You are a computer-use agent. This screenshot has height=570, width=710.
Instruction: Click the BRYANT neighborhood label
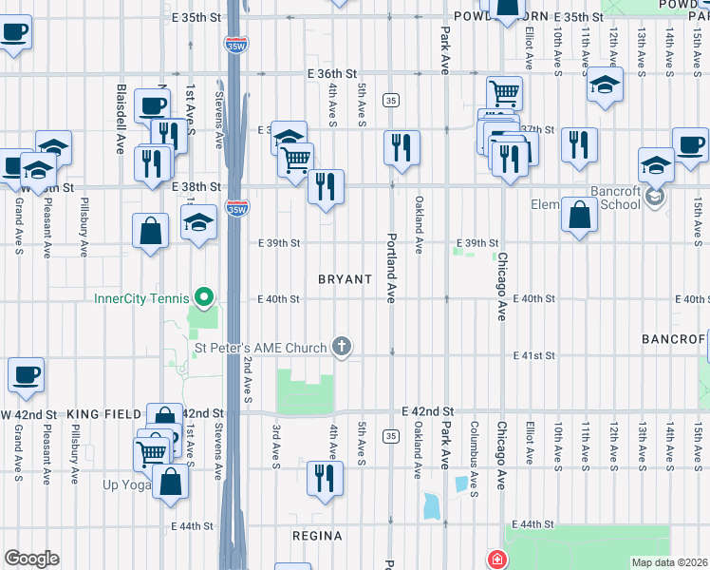pos(345,279)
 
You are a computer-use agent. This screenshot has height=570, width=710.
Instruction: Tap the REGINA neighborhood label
pos(316,536)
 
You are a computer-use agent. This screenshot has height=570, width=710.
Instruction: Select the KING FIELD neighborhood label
pos(103,414)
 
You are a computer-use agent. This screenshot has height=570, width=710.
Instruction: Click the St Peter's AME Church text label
pos(261,348)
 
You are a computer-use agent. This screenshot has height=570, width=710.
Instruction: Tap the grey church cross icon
pos(343,348)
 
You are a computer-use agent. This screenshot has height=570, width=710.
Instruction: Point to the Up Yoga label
pos(127,484)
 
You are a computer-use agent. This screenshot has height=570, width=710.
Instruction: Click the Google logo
pos(31,558)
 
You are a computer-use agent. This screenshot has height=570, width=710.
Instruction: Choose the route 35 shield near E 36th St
pos(390,100)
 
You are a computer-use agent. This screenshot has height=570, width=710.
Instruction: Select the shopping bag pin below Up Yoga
pos(171,480)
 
